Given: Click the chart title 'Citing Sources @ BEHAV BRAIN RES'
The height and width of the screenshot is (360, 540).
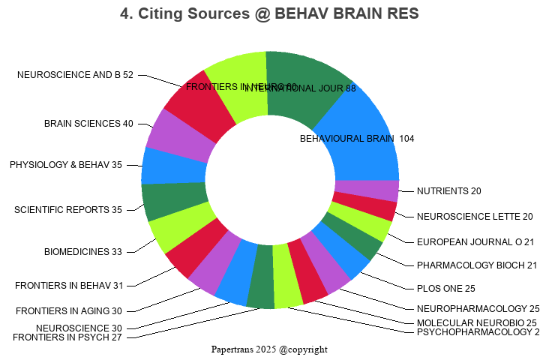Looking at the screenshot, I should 269,13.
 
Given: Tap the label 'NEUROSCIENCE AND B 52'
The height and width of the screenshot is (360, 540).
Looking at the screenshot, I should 75,75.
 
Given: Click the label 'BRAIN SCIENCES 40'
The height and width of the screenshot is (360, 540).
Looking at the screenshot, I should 88,124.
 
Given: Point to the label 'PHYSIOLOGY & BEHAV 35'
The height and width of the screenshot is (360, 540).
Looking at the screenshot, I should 66,165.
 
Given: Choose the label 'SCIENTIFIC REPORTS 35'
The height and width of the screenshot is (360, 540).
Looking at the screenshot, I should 68,210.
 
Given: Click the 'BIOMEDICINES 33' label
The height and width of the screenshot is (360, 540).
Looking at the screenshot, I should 83,252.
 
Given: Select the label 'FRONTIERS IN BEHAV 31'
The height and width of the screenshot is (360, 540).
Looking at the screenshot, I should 68,285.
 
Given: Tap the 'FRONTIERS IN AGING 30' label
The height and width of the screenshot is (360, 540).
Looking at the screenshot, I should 69,311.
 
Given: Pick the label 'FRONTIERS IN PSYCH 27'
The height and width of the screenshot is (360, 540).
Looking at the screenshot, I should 67,337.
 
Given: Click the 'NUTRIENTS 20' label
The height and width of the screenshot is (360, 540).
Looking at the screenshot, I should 449,191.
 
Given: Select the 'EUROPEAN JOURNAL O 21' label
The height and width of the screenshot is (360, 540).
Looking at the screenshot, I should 475,241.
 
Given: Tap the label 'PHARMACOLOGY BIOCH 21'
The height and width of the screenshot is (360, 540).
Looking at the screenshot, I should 477,265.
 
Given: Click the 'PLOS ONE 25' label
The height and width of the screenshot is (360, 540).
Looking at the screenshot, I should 446,289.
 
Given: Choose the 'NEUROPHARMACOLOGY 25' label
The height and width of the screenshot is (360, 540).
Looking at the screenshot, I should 478,308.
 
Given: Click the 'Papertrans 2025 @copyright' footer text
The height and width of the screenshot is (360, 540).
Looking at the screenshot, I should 269,349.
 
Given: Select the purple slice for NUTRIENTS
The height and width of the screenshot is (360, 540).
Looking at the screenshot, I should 366,190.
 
